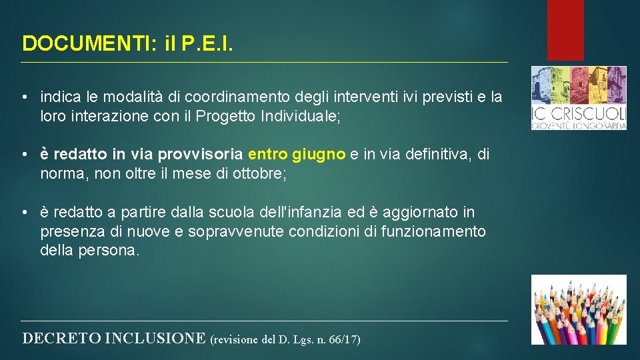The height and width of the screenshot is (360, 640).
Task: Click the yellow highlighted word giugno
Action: pyautogui.click(x=319, y=155)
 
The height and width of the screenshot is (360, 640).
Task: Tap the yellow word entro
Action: pyautogui.click(x=268, y=155)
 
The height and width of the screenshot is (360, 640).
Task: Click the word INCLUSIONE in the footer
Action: pyautogui.click(x=155, y=338)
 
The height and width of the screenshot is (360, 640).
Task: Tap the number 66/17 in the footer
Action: pyautogui.click(x=344, y=339)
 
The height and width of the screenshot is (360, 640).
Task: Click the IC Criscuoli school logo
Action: pyautogui.click(x=578, y=97)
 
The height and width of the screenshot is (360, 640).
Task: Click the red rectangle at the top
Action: pyautogui.click(x=565, y=29)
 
